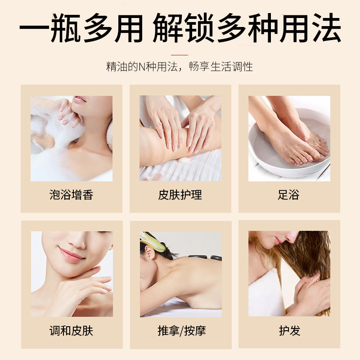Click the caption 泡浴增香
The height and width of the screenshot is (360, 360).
(x=72, y=195)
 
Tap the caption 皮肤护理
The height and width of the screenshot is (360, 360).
(x=180, y=195)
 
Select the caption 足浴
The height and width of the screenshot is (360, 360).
(x=289, y=195)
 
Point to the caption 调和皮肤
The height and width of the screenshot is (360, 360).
(x=72, y=331)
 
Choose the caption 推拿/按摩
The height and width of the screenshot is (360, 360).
(x=182, y=331)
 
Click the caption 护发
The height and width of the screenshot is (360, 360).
(x=290, y=331)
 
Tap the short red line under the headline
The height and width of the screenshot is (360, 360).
(x=180, y=55)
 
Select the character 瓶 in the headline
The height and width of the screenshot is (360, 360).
(x=66, y=28)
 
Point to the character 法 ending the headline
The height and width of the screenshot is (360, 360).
(x=326, y=28)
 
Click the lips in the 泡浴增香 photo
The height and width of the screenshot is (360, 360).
(x=79, y=99)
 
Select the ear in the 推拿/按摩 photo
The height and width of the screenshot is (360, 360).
(x=149, y=252)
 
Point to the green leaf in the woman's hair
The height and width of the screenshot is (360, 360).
(x=152, y=242)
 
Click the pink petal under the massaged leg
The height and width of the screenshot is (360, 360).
(x=185, y=160)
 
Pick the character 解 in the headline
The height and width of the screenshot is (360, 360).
(x=167, y=28)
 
